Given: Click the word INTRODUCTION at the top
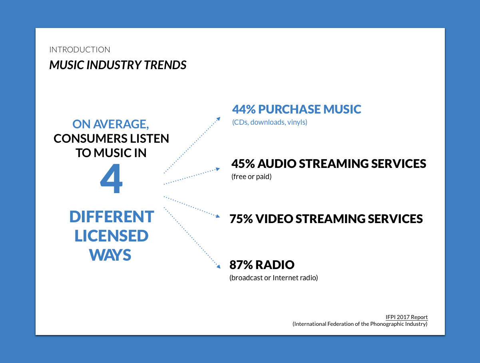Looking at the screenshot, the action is click(x=80, y=50).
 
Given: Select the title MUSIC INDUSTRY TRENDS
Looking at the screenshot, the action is click(x=118, y=65).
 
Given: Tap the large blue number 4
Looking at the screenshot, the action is click(x=111, y=178).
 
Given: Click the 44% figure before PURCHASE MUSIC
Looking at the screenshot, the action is click(x=244, y=109).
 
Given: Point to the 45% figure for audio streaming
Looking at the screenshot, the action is click(x=243, y=164).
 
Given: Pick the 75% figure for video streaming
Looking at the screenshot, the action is click(x=241, y=219).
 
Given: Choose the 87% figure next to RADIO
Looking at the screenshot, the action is click(x=241, y=265).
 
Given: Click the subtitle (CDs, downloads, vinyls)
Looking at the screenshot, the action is click(x=270, y=122).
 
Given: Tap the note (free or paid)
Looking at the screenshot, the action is click(x=251, y=176).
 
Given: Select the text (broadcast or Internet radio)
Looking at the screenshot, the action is click(x=273, y=278).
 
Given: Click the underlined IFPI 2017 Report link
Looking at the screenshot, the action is click(x=406, y=317).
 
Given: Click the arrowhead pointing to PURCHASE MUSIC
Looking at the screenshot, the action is click(x=219, y=119).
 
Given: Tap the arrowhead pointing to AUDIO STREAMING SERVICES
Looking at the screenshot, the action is click(x=218, y=169).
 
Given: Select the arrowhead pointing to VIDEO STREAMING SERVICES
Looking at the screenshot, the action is click(x=218, y=216).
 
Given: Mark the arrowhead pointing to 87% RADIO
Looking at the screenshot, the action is click(x=219, y=266).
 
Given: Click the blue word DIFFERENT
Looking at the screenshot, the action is click(x=112, y=217).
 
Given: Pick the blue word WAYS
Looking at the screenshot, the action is click(x=110, y=255).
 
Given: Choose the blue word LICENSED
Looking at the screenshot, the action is click(x=112, y=236).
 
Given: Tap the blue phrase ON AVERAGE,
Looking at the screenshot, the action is click(x=111, y=124).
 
